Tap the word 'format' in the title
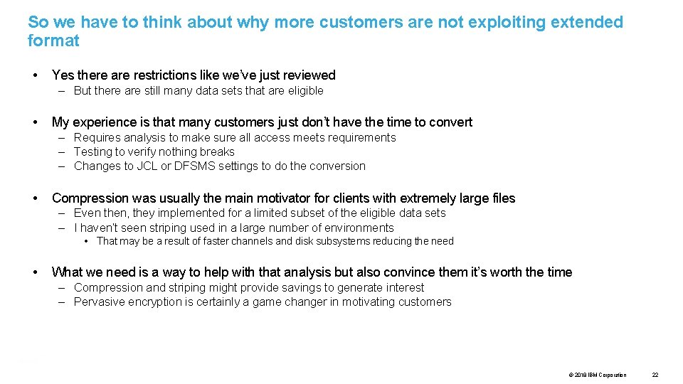pyautogui.click(x=53, y=41)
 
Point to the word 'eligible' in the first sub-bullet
pyautogui.click(x=306, y=90)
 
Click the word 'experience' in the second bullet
pyautogui.click(x=108, y=122)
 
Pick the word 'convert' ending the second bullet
pyautogui.click(x=449, y=122)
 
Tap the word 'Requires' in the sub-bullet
pyautogui.click(x=97, y=137)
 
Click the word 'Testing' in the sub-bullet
pyautogui.click(x=94, y=151)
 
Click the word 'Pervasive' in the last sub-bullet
pyautogui.click(x=100, y=302)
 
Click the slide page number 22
pyautogui.click(x=655, y=375)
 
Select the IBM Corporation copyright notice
pyautogui.click(x=598, y=375)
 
